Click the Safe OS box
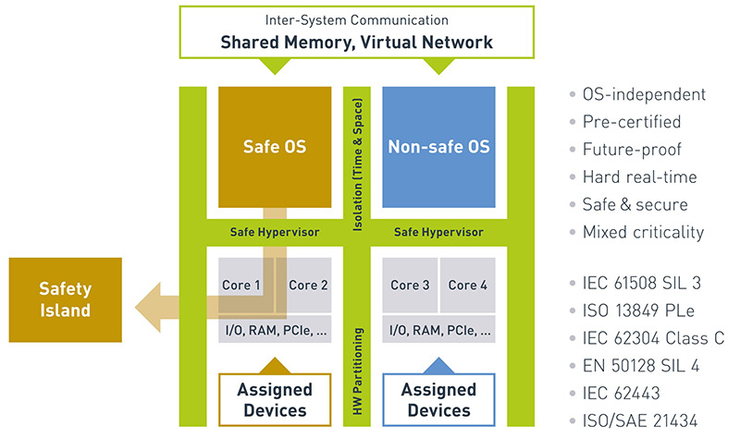point(274,146)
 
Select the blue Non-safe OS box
point(438,146)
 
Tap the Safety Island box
point(65,299)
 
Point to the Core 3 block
point(410,285)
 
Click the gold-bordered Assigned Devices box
point(274,399)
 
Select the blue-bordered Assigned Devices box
point(438,399)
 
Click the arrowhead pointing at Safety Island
point(145,299)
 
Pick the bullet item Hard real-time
point(638,176)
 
